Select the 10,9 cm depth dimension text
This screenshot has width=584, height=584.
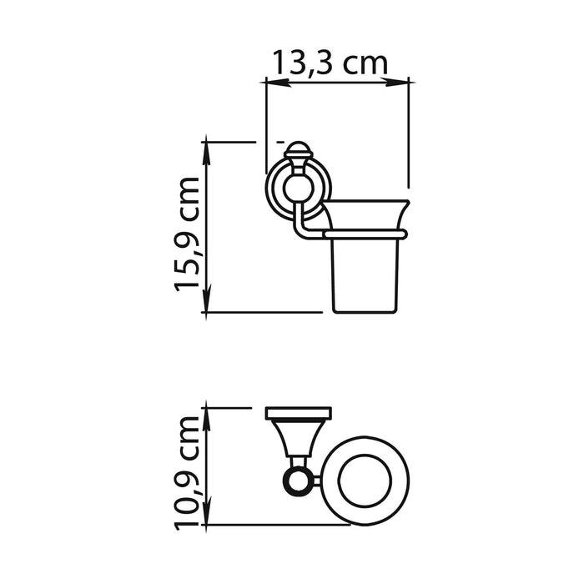188,471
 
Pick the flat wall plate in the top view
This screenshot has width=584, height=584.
298,413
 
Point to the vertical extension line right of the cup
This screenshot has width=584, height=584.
408,133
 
